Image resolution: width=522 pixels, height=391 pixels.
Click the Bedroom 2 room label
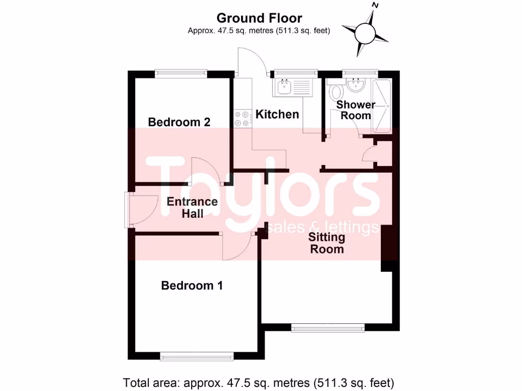click(179, 122)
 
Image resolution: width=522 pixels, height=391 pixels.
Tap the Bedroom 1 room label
click(192, 286)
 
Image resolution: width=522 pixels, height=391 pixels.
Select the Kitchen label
click(277, 114)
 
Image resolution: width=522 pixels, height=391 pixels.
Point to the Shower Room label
click(356, 110)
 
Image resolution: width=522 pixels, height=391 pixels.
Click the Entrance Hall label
click(192, 207)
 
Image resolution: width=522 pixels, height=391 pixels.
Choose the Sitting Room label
click(327, 243)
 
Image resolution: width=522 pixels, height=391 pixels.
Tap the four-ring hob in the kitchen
click(242, 119)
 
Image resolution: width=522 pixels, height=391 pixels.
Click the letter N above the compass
click(376, 6)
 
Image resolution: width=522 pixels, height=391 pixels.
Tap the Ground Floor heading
click(259, 18)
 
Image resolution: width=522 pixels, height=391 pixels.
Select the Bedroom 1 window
click(197, 356)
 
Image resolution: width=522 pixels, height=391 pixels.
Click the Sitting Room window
click(328, 328)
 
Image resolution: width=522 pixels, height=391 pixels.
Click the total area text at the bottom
click(259, 382)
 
